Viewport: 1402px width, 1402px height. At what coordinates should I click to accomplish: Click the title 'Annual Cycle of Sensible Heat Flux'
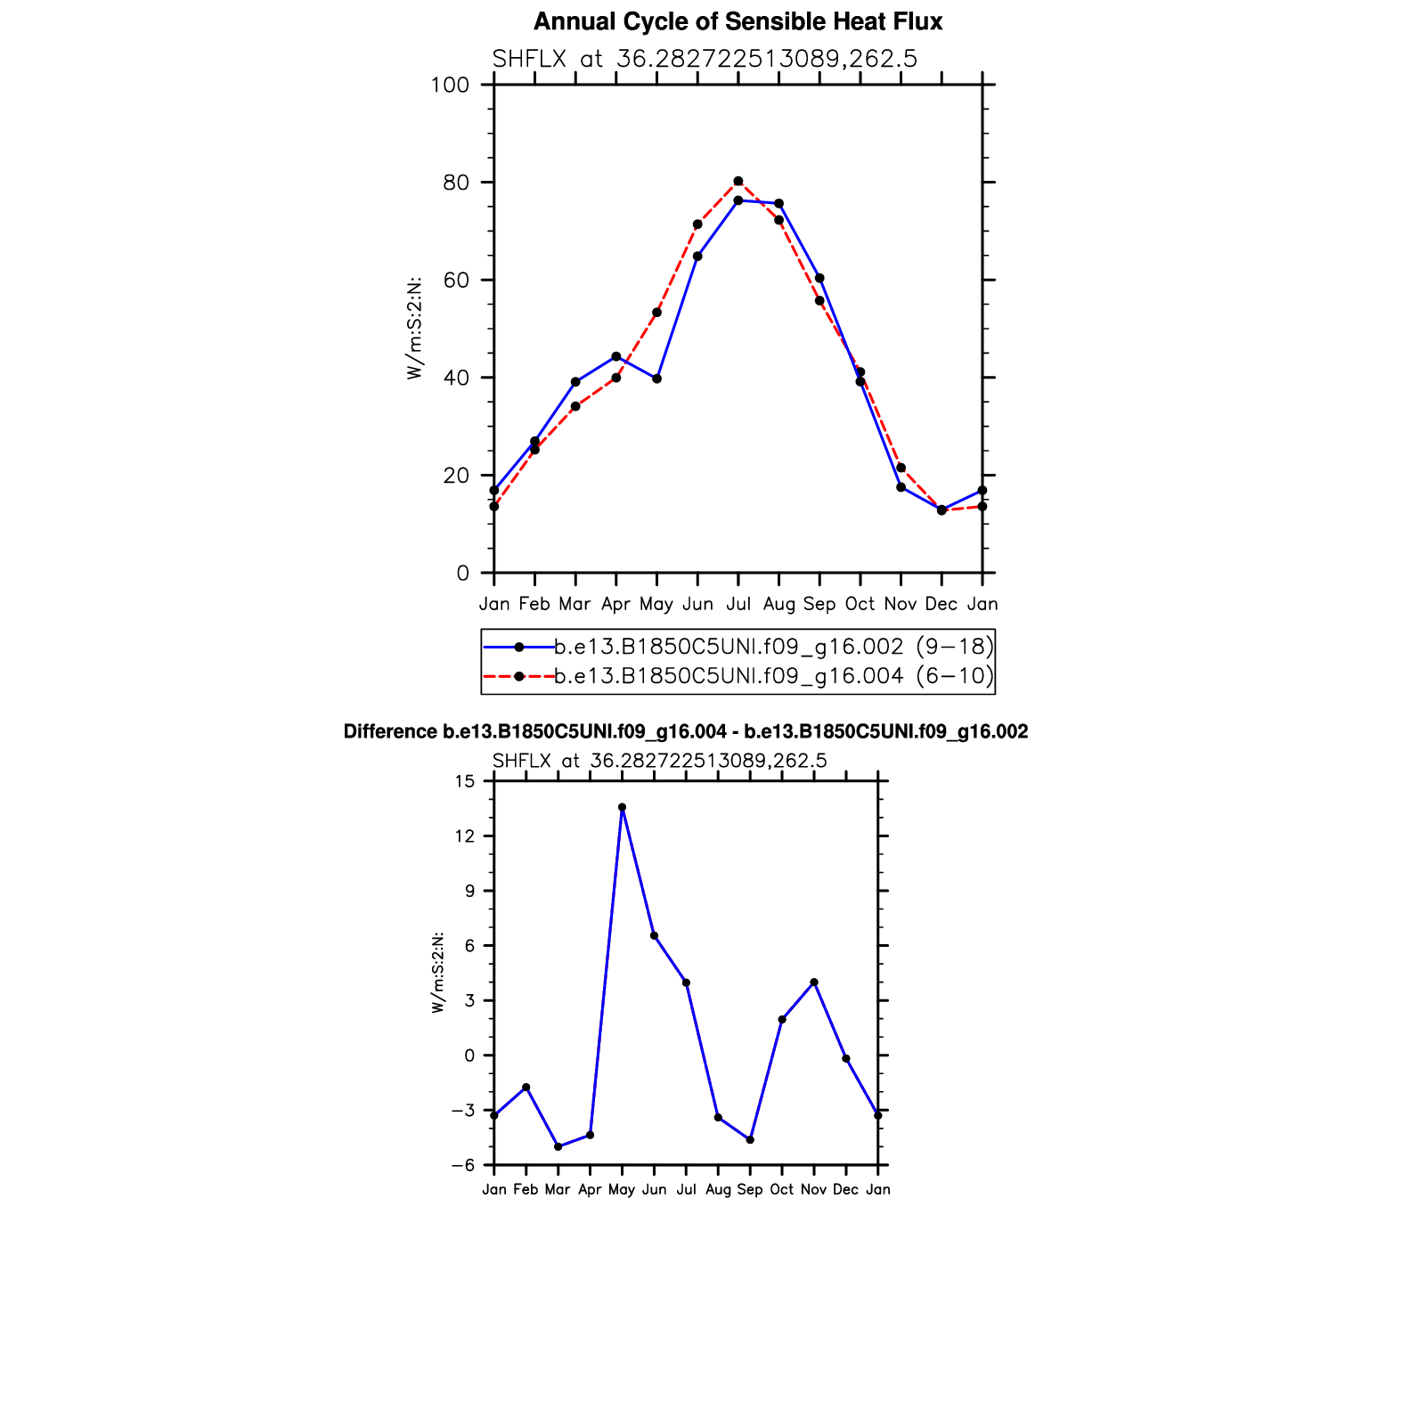[x=738, y=22]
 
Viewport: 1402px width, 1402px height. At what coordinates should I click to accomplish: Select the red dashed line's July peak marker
[x=738, y=182]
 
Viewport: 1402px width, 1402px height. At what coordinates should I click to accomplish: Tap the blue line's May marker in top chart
[x=657, y=379]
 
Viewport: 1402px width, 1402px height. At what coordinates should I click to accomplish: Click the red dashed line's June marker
[x=697, y=224]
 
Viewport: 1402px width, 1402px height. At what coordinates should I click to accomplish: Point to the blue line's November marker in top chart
[x=901, y=487]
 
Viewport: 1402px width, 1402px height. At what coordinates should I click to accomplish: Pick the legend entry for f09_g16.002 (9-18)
[x=773, y=647]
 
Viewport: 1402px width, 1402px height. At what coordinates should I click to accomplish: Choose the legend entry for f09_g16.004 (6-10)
[x=773, y=676]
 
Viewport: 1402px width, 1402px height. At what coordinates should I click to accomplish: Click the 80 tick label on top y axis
[x=455, y=183]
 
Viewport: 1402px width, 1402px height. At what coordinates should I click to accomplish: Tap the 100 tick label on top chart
[x=450, y=86]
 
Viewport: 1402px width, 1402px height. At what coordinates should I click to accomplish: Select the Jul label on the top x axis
[x=738, y=604]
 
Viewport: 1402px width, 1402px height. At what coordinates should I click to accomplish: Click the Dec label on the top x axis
[x=941, y=604]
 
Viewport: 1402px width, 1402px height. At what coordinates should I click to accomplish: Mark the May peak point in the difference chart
[x=622, y=808]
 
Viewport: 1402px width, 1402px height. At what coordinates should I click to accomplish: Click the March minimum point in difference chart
[x=558, y=1146]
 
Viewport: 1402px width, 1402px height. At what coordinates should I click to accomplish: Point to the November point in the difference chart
[x=814, y=982]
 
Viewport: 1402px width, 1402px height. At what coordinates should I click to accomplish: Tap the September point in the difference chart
[x=750, y=1140]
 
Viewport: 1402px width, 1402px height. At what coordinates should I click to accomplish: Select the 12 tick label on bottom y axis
[x=466, y=836]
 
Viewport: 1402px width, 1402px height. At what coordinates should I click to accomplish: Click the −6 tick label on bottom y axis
[x=462, y=1165]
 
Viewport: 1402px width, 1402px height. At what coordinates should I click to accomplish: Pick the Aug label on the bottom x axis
[x=718, y=1190]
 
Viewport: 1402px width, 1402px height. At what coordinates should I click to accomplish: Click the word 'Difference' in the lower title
[x=389, y=732]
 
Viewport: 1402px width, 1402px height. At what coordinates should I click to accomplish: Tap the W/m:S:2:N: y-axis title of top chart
[x=414, y=329]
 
